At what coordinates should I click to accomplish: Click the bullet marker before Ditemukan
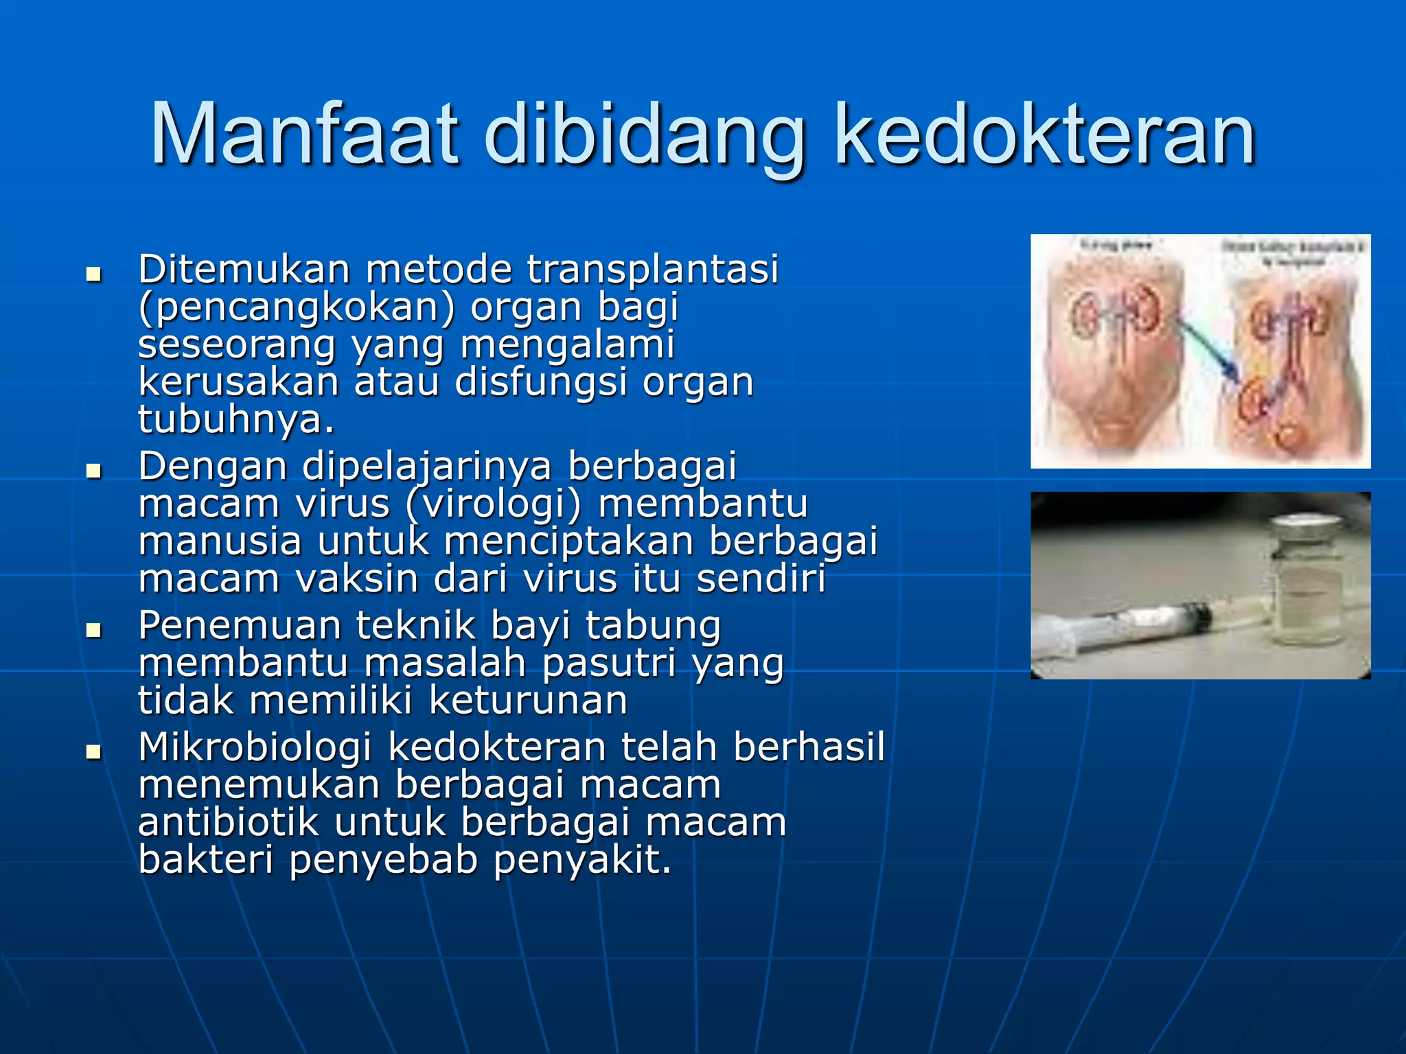[93, 275]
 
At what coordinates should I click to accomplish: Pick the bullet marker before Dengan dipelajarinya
[93, 471]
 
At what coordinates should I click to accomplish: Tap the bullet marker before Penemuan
[93, 631]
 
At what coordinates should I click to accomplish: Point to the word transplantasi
[652, 269]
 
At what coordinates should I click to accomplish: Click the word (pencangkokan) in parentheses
[297, 307]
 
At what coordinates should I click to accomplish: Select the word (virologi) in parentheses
[493, 504]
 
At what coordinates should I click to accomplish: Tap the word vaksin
[357, 578]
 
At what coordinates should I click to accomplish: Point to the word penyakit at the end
[581, 860]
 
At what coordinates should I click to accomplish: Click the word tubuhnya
[235, 419]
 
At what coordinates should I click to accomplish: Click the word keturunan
[527, 701]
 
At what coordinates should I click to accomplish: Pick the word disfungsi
[541, 382]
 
